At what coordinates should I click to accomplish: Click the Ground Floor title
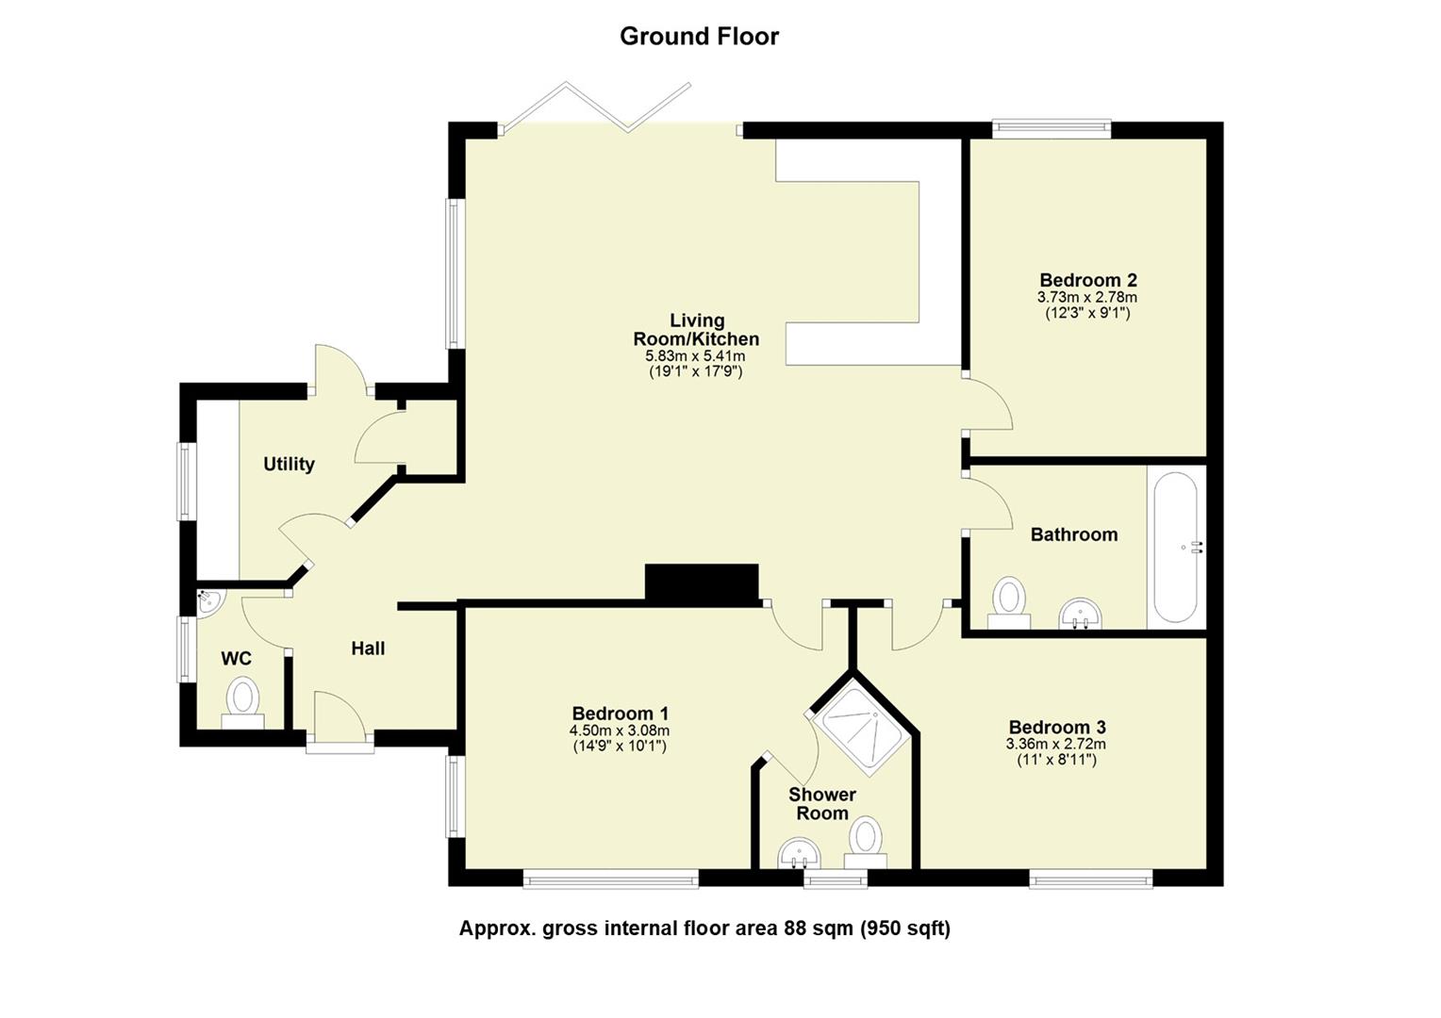tap(699, 37)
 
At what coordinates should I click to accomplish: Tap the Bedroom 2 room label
tap(1087, 280)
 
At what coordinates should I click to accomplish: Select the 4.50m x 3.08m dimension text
tap(619, 731)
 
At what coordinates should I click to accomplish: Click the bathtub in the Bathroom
tap(1175, 547)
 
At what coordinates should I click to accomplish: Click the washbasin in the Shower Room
tap(800, 856)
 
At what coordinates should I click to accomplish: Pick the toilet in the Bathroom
tap(1009, 601)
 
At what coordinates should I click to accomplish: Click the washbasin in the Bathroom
tap(1080, 614)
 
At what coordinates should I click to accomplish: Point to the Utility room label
tap(289, 464)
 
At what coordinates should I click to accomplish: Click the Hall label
tap(368, 649)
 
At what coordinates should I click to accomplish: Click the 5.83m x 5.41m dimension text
tap(695, 356)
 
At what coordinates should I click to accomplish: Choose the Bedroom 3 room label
tap(1056, 727)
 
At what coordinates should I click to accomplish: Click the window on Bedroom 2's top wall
tap(1051, 128)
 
